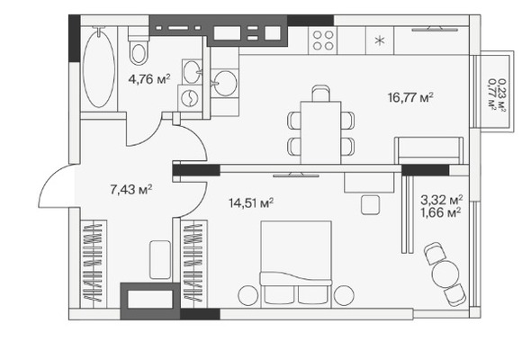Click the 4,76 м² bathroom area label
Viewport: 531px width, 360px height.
[x=149, y=79]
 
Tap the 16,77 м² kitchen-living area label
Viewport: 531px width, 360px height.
[x=410, y=98]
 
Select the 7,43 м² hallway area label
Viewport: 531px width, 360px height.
[x=131, y=189]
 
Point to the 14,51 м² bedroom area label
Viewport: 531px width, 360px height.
[x=251, y=203]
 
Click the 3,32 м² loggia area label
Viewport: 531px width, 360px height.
[x=442, y=200]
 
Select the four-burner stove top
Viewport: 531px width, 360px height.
[x=323, y=40]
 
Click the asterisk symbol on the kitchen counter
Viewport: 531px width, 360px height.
[x=380, y=41]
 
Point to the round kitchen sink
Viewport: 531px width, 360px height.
[x=224, y=83]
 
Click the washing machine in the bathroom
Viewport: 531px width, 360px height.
[x=190, y=98]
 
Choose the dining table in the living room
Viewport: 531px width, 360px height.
[x=320, y=133]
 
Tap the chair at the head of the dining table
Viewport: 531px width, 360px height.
[x=320, y=94]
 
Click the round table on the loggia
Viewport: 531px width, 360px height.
[x=445, y=274]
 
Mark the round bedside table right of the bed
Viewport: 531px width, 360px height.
[x=344, y=296]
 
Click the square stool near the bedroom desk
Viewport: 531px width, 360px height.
[x=370, y=205]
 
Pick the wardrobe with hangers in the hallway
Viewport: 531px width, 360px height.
[x=93, y=265]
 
